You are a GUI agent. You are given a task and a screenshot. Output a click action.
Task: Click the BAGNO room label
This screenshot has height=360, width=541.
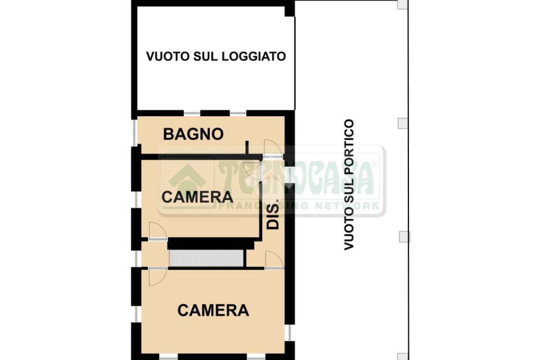tap(193, 134)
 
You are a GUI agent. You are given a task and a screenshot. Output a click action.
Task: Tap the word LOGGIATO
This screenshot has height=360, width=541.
tap(254, 56)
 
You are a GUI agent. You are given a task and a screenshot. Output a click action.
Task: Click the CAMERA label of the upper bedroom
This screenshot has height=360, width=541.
tap(198, 197)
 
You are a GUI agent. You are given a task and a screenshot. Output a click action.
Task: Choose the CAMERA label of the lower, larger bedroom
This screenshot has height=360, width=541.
tap(213, 310)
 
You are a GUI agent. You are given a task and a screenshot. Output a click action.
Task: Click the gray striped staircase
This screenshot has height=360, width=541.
tap(207, 258)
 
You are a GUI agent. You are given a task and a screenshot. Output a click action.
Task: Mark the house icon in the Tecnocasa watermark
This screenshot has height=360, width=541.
tap(187, 178)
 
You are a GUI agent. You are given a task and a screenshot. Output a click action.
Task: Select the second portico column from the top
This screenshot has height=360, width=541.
tap(403, 123)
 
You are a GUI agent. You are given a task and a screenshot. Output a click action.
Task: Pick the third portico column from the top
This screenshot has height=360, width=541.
tap(404, 236)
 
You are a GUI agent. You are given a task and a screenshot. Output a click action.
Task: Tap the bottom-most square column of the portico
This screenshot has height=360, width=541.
tap(403, 356)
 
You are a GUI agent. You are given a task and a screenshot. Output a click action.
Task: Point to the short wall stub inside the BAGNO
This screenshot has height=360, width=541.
tap(247, 147)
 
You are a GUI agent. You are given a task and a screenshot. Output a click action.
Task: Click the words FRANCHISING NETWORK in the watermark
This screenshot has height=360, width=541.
tap(300, 206)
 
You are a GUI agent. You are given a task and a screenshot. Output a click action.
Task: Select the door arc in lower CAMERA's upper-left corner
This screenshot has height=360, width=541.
tap(157, 278)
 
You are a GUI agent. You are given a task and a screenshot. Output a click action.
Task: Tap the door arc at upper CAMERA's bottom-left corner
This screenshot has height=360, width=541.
tap(157, 230)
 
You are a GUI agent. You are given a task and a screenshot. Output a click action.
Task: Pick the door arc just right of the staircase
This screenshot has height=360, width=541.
tap(274, 259)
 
